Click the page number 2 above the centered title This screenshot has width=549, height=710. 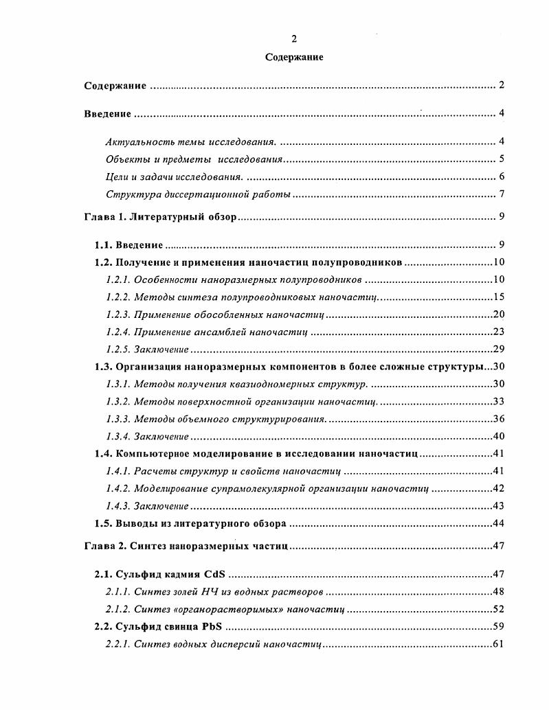[294, 38]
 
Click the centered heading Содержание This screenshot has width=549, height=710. [294, 57]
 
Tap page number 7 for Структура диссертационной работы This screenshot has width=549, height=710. [502, 194]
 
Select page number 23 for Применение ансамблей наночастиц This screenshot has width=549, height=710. [499, 332]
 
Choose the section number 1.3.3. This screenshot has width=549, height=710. [117, 419]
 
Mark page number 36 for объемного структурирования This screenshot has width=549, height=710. [499, 419]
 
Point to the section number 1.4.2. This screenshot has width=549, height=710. [117, 489]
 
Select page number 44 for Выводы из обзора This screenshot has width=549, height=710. [499, 523]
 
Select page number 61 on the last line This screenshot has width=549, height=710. [499, 644]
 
